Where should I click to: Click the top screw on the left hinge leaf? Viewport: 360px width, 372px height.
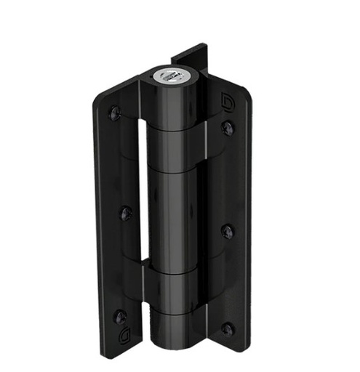[115, 113]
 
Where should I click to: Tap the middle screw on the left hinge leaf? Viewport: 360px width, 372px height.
[127, 214]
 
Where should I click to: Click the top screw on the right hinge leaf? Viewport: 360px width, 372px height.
[228, 128]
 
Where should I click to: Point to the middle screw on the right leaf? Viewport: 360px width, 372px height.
[228, 232]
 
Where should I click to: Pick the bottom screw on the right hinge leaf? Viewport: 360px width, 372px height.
[228, 329]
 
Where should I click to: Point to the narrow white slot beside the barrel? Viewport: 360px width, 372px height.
[140, 189]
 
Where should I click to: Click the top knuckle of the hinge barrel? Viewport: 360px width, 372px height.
[172, 105]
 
